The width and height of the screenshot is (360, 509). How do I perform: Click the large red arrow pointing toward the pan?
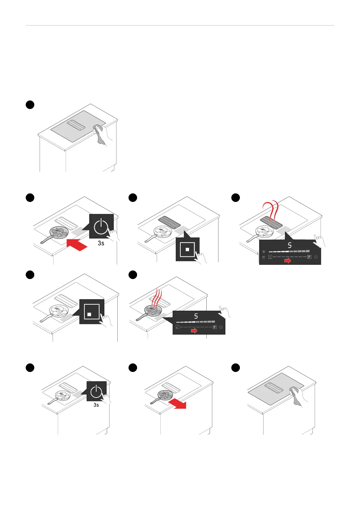point(77,244)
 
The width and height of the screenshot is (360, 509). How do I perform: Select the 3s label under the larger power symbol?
point(101,243)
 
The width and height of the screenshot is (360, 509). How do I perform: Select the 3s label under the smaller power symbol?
point(96,405)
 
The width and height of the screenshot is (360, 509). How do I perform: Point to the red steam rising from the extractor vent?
point(270,212)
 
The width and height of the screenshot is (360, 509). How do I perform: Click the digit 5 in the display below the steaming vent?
point(290,245)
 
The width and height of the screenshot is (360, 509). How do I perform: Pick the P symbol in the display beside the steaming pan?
point(214,327)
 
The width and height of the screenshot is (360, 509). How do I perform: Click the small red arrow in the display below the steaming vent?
point(288,261)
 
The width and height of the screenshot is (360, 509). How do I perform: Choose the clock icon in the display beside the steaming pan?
point(221,327)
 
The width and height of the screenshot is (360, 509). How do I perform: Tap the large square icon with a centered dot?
point(187,250)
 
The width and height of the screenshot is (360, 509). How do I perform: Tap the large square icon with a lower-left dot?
point(92,312)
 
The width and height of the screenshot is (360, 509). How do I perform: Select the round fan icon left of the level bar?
point(264,251)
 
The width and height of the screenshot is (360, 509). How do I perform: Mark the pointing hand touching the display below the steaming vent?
point(319,241)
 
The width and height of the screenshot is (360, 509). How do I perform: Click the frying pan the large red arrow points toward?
point(59,232)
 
